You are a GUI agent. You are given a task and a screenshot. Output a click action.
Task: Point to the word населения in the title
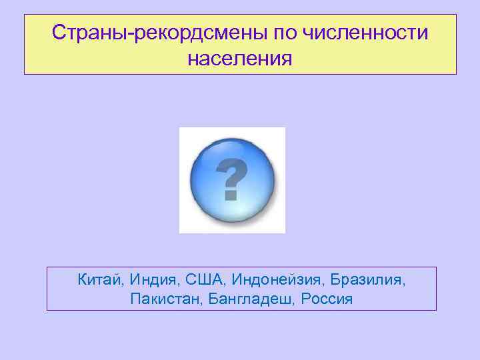coord(240,59)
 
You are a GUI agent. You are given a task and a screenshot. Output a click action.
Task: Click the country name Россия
coord(326,298)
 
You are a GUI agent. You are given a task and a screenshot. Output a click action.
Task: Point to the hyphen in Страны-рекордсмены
coord(135,34)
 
